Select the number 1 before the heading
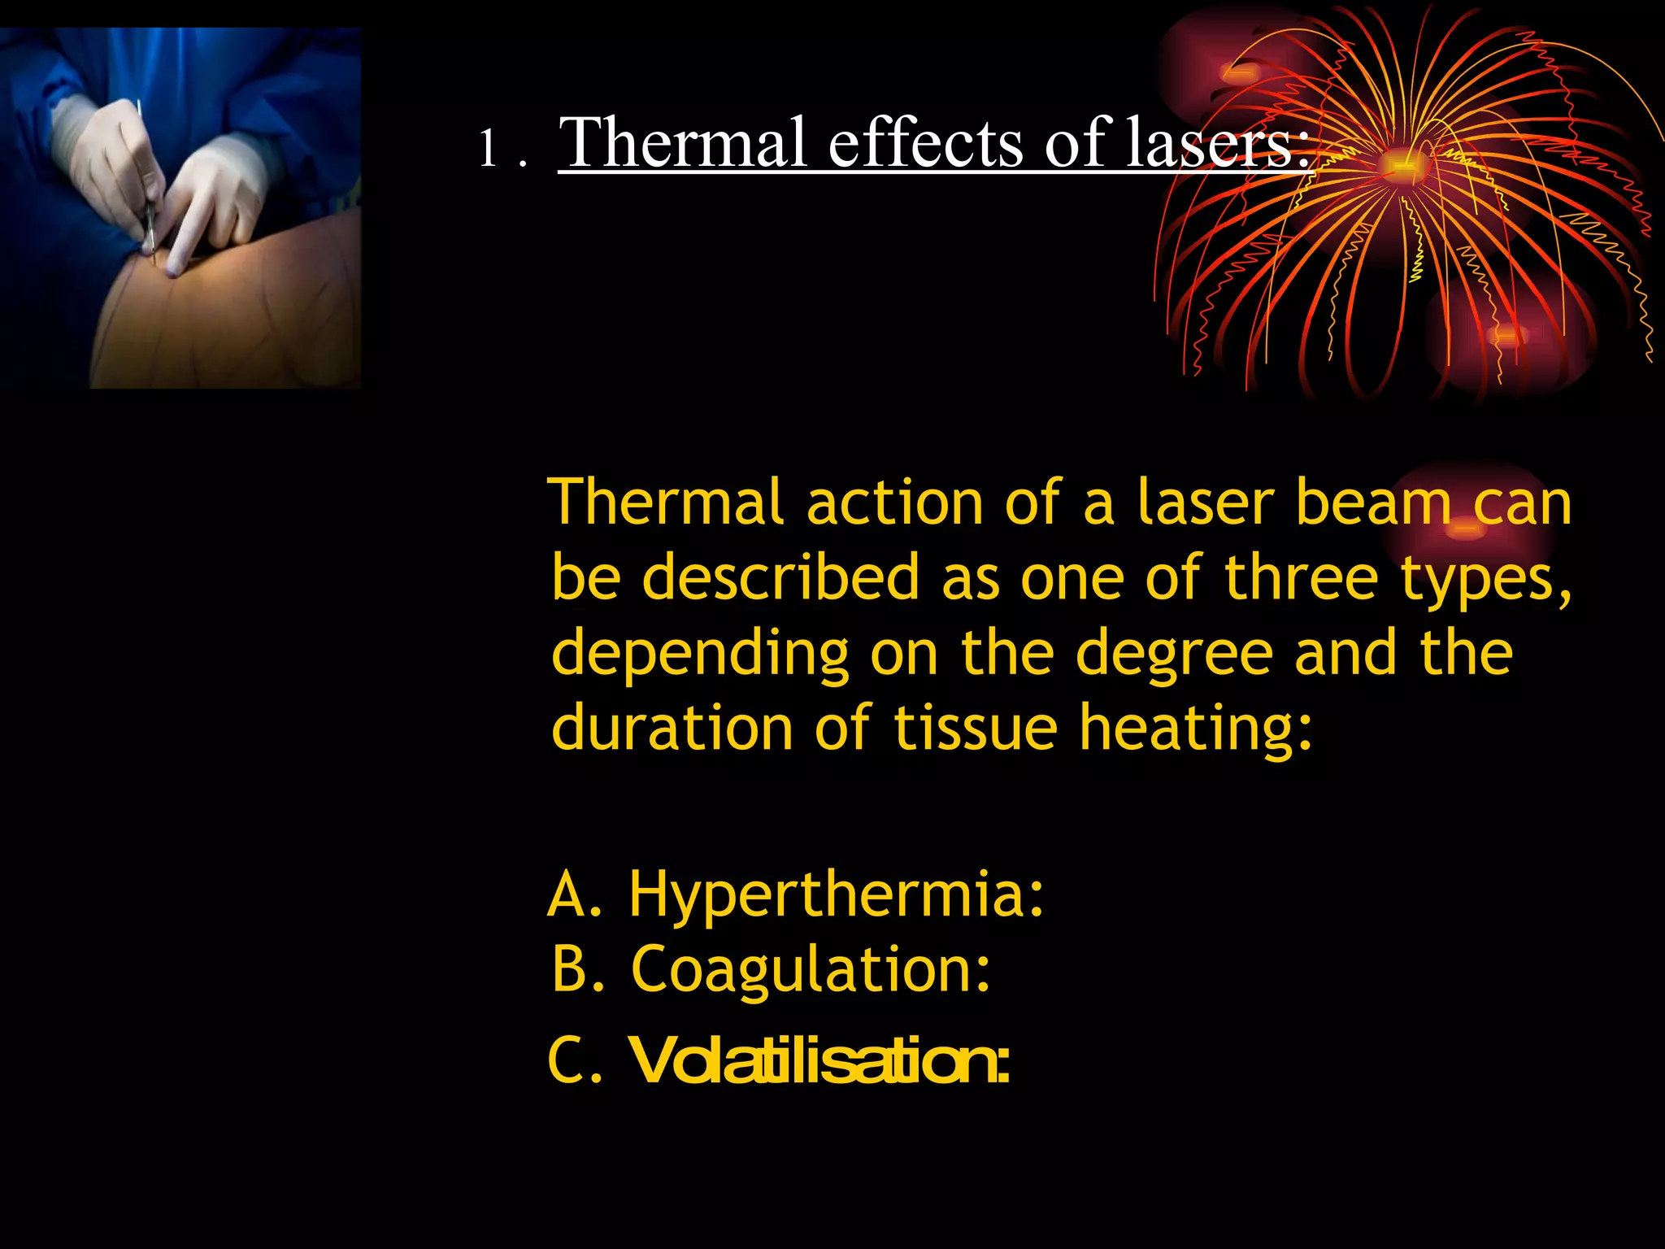pyautogui.click(x=488, y=149)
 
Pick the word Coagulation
pyautogui.click(x=811, y=970)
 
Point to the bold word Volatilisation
pyautogui.click(x=819, y=1061)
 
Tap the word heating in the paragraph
pyautogui.click(x=1195, y=729)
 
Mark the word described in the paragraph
pyautogui.click(x=780, y=577)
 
